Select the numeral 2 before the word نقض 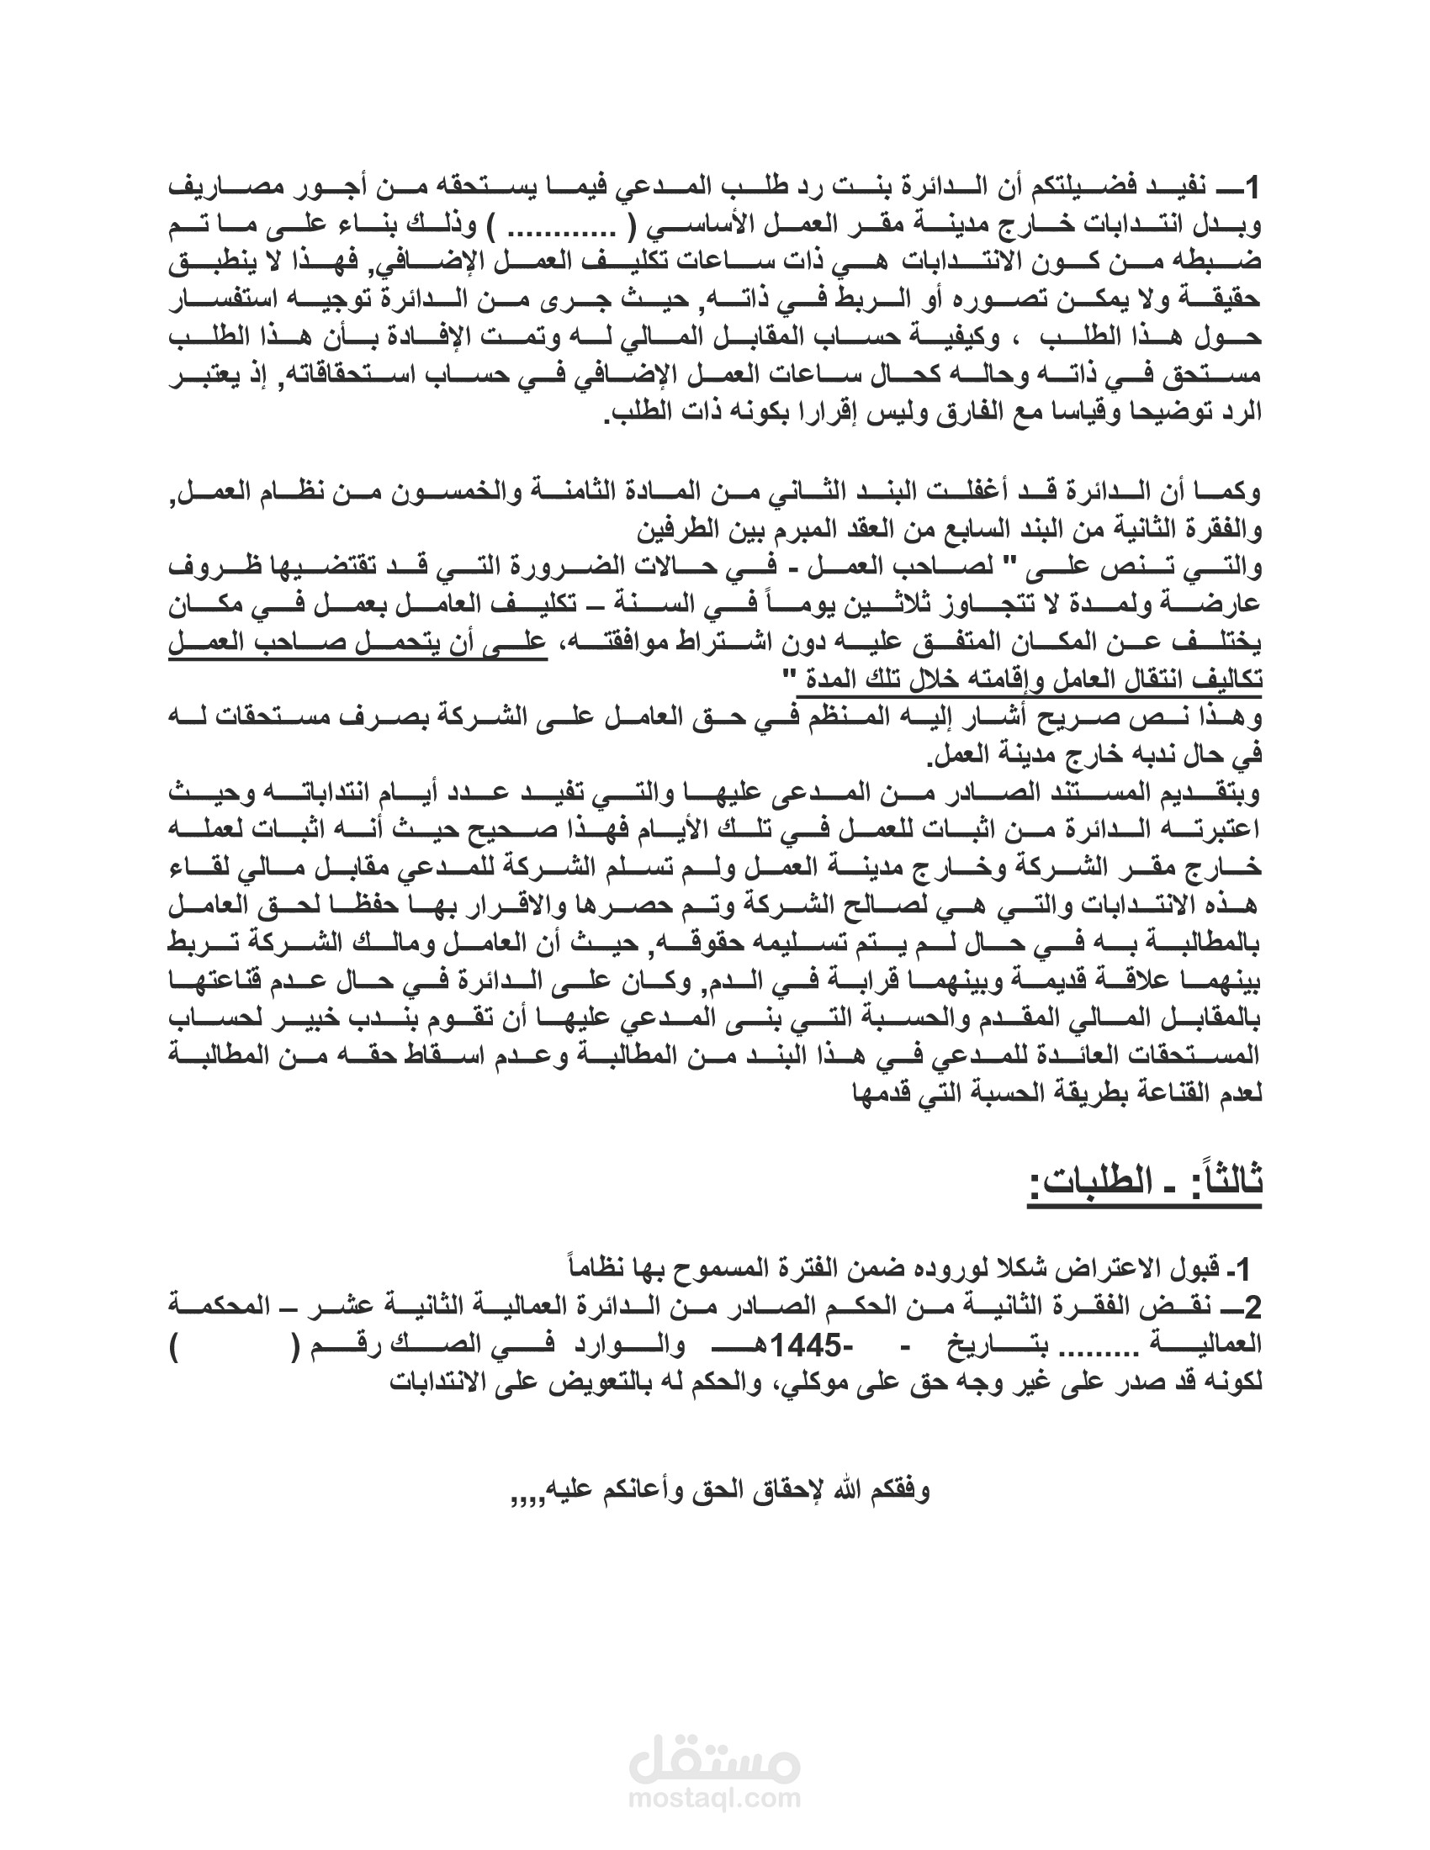coord(1254,1309)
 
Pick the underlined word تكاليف coord(1224,680)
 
